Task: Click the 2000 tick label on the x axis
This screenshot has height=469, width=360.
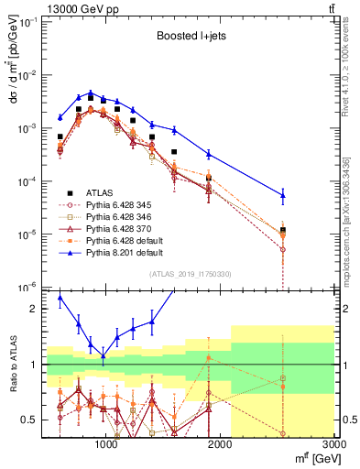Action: click(x=221, y=446)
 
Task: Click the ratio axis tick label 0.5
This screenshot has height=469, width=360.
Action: click(x=28, y=420)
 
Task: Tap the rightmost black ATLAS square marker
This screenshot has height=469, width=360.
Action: click(x=283, y=229)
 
